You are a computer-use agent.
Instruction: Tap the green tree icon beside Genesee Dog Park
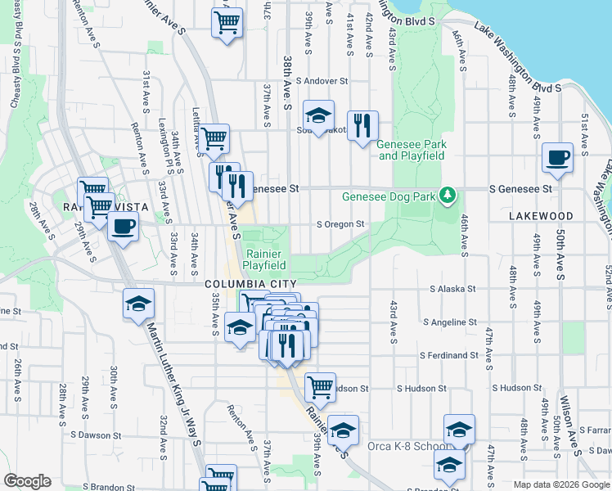(x=447, y=195)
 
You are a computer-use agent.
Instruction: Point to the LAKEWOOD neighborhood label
(x=540, y=216)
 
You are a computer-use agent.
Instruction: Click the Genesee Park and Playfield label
(x=412, y=150)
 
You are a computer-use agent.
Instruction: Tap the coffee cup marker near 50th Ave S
(x=558, y=157)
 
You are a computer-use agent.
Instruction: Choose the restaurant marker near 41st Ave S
(x=362, y=126)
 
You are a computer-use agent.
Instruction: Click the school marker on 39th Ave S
(x=318, y=115)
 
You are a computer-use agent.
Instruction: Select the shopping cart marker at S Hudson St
(x=320, y=387)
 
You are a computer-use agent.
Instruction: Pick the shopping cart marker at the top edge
(x=227, y=22)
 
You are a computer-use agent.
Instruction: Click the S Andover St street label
(x=322, y=81)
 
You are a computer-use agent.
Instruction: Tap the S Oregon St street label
(x=340, y=224)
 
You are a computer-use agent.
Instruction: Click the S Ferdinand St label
(x=449, y=355)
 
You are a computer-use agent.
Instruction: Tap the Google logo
(x=27, y=480)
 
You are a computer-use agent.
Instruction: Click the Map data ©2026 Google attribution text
(x=560, y=484)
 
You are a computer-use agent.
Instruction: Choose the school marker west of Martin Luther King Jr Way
(x=138, y=304)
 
